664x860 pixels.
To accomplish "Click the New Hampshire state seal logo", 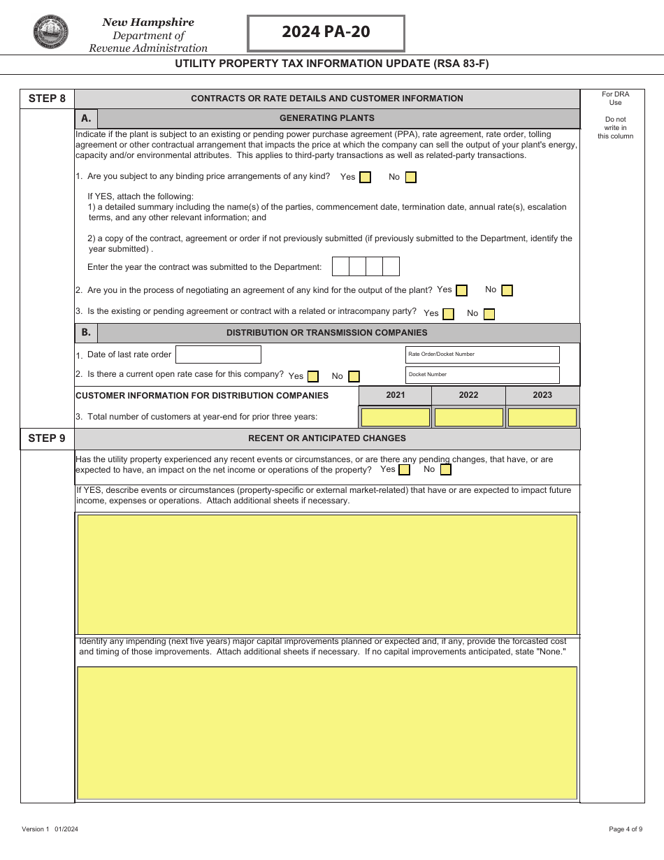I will click(x=51, y=32).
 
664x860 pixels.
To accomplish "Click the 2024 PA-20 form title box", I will click(x=326, y=33).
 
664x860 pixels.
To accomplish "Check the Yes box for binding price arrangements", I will click(x=365, y=178).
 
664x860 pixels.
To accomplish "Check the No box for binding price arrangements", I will click(x=410, y=178).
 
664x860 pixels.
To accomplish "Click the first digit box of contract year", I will click(x=340, y=266).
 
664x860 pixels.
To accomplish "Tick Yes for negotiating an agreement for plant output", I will click(x=461, y=291).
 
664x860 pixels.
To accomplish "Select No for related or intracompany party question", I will click(x=489, y=314).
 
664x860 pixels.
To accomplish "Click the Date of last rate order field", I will click(x=218, y=354).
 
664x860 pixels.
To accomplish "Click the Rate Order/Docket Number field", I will click(x=482, y=354).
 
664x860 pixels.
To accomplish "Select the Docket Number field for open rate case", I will click(x=482, y=375).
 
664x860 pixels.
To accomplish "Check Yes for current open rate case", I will click(x=312, y=376).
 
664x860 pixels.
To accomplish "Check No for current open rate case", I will click(x=354, y=376).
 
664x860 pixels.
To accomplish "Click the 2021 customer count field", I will click(x=396, y=417).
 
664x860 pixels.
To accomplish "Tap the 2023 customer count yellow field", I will click(x=542, y=417).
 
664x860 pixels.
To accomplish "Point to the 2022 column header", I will click(x=468, y=395).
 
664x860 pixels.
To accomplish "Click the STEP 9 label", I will click(x=47, y=438).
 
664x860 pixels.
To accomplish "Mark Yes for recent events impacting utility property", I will click(x=404, y=470).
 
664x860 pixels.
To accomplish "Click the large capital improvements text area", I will click(x=327, y=732).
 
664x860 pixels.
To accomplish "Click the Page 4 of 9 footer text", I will click(x=625, y=829).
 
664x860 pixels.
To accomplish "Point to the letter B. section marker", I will click(x=86, y=333).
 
